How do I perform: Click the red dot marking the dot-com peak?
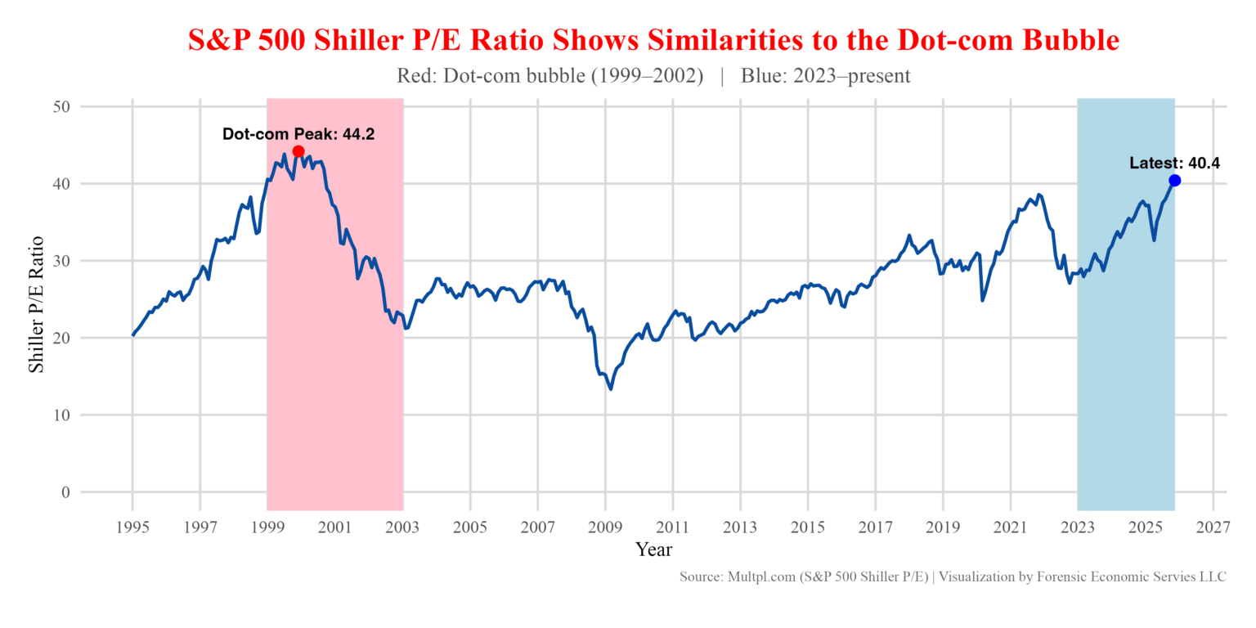pyautogui.click(x=298, y=151)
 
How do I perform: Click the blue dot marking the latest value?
pyautogui.click(x=1175, y=180)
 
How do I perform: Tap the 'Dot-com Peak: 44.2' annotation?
pyautogui.click(x=298, y=134)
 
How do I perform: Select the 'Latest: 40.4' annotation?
pyautogui.click(x=1174, y=163)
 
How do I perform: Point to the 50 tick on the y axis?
pyautogui.click(x=62, y=107)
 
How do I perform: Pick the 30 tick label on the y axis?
pyautogui.click(x=62, y=261)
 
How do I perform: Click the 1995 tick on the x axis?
pyautogui.click(x=132, y=527)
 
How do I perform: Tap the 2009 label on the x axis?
pyautogui.click(x=605, y=527)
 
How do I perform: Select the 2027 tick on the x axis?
pyautogui.click(x=1213, y=527)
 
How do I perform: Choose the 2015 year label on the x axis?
pyautogui.click(x=808, y=527)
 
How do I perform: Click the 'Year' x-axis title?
pyautogui.click(x=653, y=549)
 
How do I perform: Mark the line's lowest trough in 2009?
pyautogui.click(x=611, y=388)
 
